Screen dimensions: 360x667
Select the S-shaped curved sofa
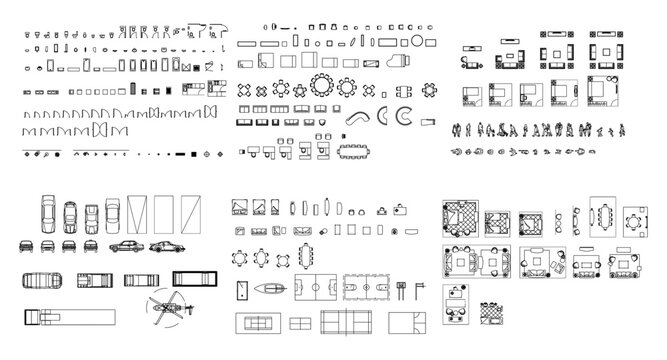(x=357, y=116)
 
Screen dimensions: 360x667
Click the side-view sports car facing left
(x=163, y=246)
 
